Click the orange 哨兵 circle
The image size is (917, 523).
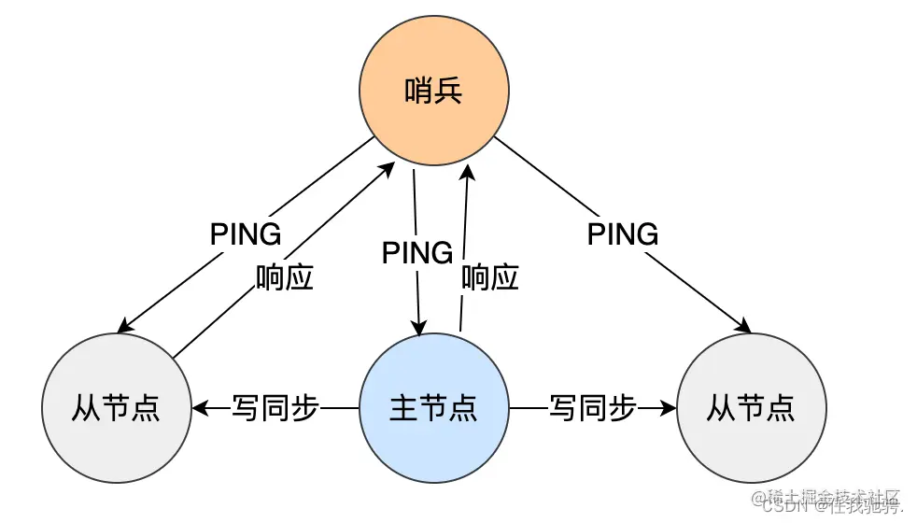coord(434,92)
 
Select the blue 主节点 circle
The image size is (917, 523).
coord(434,408)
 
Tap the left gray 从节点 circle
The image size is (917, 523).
coord(117,408)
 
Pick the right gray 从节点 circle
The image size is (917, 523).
coord(751,408)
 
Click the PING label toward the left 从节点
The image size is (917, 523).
coord(246,233)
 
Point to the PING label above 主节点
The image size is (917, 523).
coord(417,252)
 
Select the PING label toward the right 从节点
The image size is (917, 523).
coord(623,233)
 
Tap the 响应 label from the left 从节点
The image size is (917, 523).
coord(285,277)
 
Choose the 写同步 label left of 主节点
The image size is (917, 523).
coord(275,408)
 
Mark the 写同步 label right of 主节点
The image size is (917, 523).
coord(593,408)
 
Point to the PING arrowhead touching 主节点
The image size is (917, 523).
coord(419,329)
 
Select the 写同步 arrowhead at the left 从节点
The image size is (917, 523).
coord(199,408)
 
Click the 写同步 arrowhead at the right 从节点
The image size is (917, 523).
coord(669,408)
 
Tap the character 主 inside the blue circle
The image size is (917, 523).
coord(403,408)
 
